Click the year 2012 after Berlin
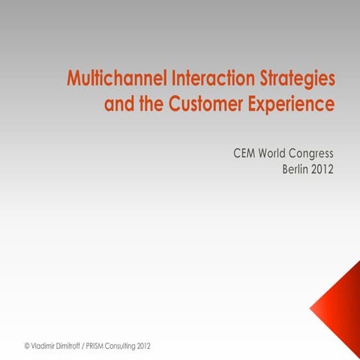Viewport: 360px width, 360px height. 323,169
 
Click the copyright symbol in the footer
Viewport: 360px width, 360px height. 27,346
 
